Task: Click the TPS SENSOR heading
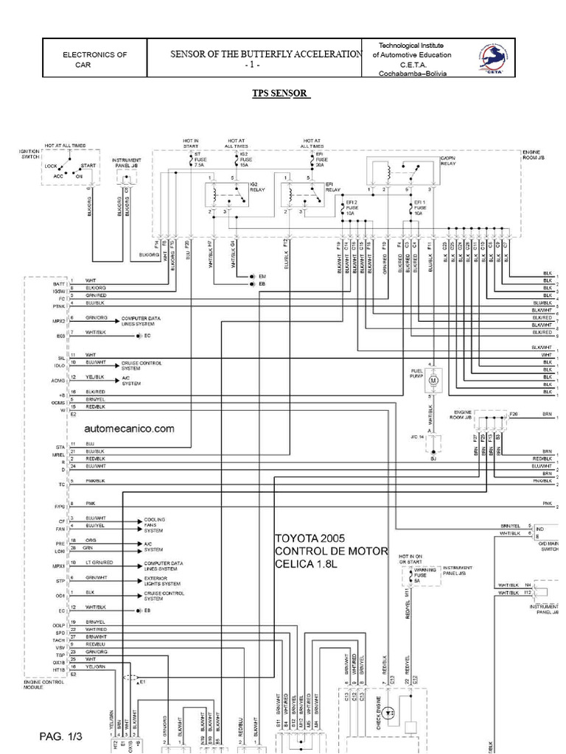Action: pos(282,94)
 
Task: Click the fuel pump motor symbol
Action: pos(433,378)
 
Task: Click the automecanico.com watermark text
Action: pos(130,429)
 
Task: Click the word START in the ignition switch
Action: pos(88,166)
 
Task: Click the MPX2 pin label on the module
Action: pos(59,321)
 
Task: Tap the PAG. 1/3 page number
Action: pos(61,736)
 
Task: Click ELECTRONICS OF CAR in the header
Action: pos(94,60)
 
